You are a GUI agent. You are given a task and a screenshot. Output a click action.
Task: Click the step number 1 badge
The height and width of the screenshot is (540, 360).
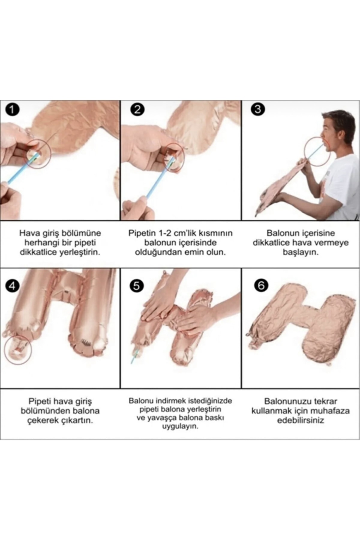coord(12,109)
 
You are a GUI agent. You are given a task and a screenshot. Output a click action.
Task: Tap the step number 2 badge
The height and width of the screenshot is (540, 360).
coord(137,109)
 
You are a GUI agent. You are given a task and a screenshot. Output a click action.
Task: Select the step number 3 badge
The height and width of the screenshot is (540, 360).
coord(258,109)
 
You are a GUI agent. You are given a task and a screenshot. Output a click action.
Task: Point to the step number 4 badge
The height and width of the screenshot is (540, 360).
coord(12,286)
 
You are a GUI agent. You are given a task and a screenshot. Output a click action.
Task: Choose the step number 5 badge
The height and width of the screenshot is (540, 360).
coord(137,286)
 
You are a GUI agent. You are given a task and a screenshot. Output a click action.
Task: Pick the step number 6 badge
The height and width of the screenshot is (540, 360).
coord(261,285)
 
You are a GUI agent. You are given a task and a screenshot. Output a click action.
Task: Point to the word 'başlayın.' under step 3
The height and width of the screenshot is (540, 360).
coord(301,252)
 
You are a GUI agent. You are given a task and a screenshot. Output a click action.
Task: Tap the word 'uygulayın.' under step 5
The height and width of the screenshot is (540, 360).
coord(180,426)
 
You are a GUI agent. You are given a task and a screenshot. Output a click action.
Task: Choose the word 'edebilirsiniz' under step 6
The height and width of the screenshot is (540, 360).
coord(301,420)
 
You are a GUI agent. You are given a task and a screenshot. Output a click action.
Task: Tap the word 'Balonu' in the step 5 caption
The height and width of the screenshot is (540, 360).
coord(140,401)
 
